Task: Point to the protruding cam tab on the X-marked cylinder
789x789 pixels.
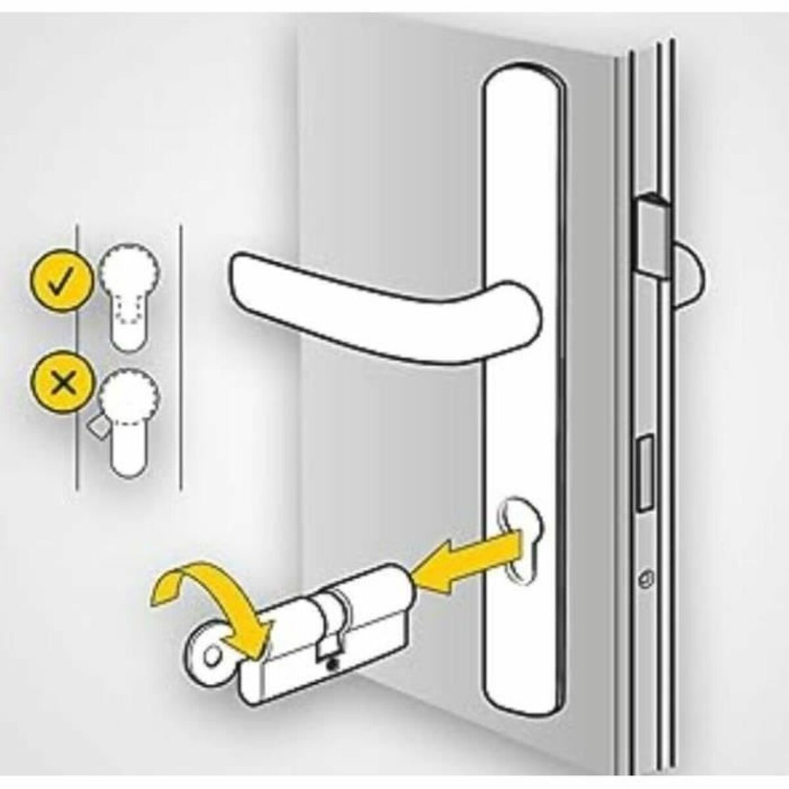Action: pyautogui.click(x=97, y=427)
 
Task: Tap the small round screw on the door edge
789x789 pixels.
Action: pyautogui.click(x=646, y=579)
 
